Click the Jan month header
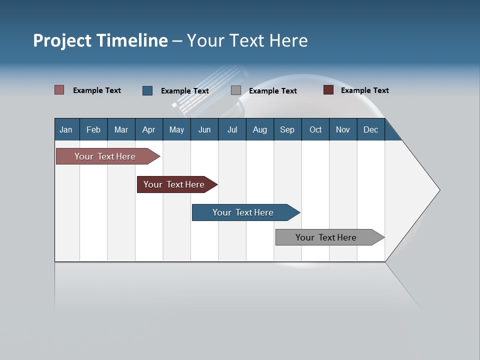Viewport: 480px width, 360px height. (66, 129)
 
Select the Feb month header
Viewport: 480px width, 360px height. (93, 129)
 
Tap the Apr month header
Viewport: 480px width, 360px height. (149, 129)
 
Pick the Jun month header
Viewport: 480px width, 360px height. (204, 129)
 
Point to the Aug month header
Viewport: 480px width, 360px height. (260, 129)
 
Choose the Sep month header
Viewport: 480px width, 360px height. (287, 129)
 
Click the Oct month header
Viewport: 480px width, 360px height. (315, 129)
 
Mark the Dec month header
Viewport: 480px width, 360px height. (371, 129)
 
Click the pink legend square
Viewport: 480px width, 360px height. (59, 90)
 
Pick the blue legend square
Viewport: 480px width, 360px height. (147, 90)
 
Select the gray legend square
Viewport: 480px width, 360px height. (236, 90)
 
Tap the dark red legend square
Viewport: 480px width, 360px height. (328, 90)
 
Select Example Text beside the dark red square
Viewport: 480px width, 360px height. (364, 90)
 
